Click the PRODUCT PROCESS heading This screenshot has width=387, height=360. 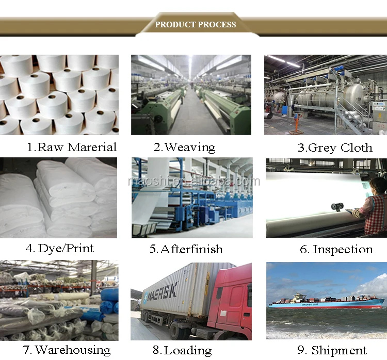coord(196,24)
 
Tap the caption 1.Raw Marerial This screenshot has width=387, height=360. coord(72,147)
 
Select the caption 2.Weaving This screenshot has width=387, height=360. coord(184,147)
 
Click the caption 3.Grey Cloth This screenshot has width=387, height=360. coord(334,148)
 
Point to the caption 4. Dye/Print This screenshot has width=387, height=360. coord(60,249)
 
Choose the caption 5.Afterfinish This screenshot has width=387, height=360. coord(186,249)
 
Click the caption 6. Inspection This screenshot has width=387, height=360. coord(336,250)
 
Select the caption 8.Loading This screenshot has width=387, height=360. coord(188,351)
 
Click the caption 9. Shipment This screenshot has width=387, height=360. coord(332,351)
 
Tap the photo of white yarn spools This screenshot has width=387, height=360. coord(59,94)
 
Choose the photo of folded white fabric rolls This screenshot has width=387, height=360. coord(59,198)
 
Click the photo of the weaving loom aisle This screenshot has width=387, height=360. coord(191,95)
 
